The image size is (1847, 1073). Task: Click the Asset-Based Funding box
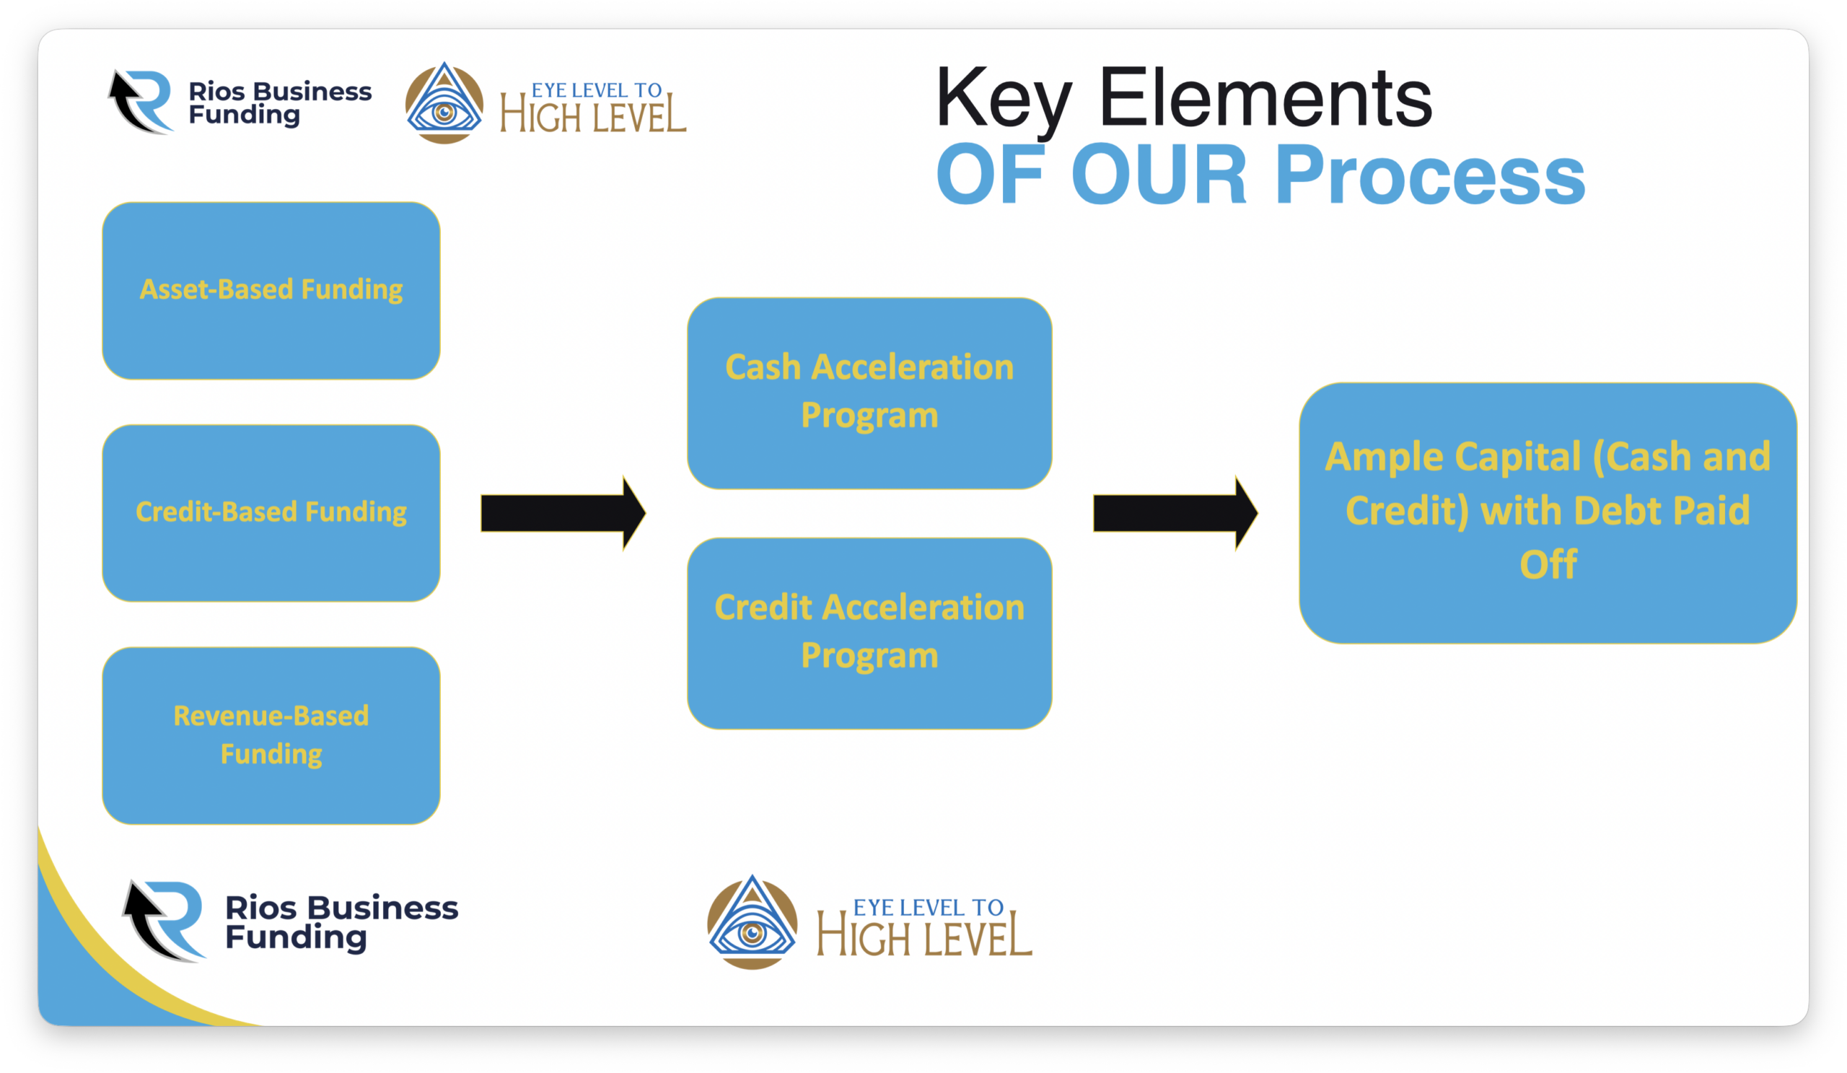[271, 291]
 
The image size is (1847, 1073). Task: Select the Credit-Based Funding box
[271, 513]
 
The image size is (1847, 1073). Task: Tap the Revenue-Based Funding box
[271, 735]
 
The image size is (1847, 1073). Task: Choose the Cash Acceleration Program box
[869, 393]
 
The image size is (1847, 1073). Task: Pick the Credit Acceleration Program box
[869, 634]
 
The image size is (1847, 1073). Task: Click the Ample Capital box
[1548, 513]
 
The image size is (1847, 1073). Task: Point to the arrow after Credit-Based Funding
[563, 513]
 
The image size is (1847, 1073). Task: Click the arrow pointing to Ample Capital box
[1175, 513]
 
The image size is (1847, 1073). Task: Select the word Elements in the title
[1265, 97]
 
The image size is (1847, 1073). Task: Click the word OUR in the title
[1158, 175]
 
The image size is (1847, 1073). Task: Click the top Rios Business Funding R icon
[141, 102]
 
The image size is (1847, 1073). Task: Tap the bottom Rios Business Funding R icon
[164, 921]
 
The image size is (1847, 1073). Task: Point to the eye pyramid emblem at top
[444, 102]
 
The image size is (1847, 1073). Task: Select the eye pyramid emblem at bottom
[752, 922]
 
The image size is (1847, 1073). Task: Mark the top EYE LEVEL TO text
[597, 90]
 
